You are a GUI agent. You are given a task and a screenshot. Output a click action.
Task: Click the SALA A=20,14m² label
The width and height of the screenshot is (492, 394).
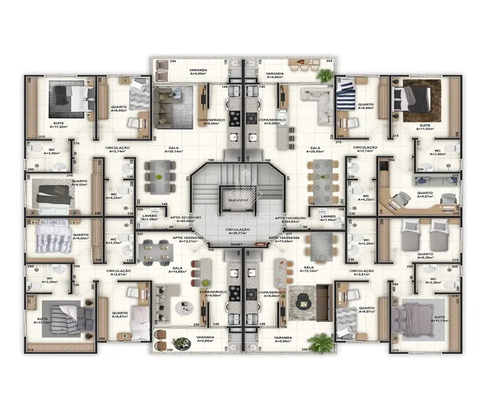coord(177,150)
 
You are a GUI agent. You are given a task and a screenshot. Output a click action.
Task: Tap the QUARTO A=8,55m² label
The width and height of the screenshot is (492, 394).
coord(119,109)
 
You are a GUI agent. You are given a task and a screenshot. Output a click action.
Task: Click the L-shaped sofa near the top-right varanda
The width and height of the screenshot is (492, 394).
coord(318,100)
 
